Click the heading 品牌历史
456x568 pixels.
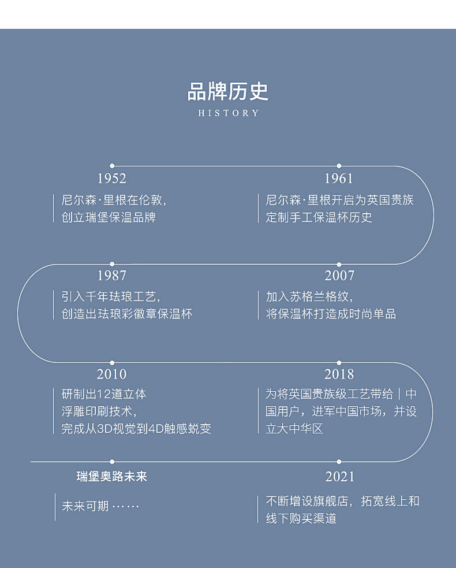click(228, 91)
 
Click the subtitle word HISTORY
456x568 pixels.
click(229, 113)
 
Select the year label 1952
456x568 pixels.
click(112, 179)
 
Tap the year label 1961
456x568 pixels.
click(339, 179)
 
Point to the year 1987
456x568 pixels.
click(112, 276)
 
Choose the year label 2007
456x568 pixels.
click(339, 276)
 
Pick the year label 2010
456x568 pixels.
click(112, 374)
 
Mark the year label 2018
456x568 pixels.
click(339, 374)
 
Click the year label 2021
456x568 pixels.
click(339, 477)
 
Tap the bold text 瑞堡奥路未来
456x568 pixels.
click(112, 477)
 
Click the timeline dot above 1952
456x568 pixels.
click(112, 166)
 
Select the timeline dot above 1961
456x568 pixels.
click(339, 166)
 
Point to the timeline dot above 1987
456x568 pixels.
click(112, 264)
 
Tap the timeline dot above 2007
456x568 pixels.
click(339, 264)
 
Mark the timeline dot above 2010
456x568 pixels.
click(112, 363)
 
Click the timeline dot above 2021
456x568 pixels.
click(339, 462)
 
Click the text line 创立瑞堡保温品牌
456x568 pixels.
click(109, 218)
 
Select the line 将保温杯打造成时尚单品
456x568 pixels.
click(331, 314)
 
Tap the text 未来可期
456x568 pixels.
click(85, 507)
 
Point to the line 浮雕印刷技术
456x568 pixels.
click(99, 411)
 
